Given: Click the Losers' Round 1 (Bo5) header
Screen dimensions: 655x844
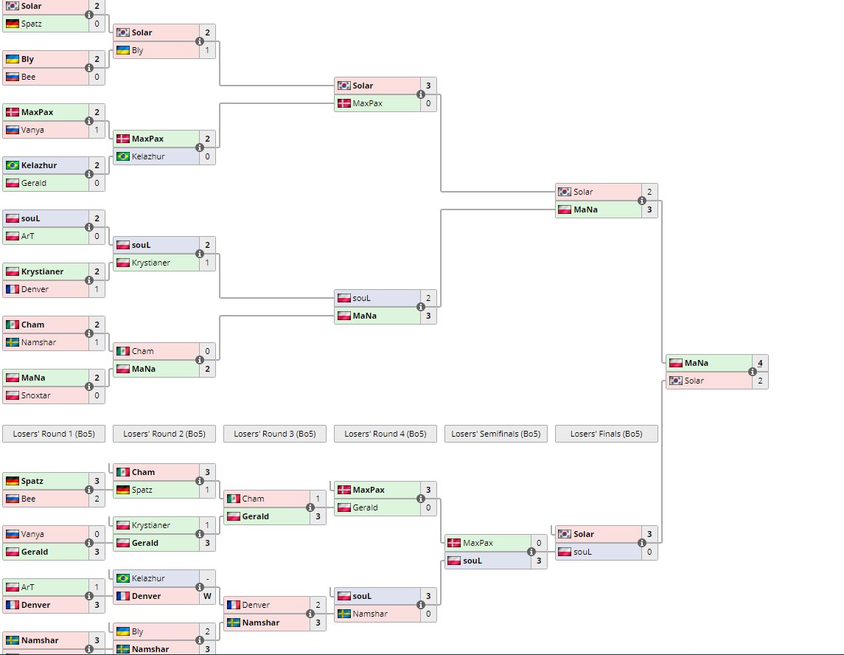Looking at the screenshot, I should [54, 434].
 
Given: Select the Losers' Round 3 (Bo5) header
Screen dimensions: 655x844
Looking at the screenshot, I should [275, 434].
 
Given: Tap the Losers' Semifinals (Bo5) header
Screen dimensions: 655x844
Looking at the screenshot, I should [495, 434].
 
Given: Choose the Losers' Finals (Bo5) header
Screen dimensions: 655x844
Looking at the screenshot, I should [606, 434].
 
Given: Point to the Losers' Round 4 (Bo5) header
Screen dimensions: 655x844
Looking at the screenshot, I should [385, 434].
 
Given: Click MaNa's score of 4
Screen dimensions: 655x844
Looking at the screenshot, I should [760, 363].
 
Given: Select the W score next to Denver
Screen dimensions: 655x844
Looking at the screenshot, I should [207, 596].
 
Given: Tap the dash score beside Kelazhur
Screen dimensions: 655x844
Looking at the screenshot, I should [207, 578].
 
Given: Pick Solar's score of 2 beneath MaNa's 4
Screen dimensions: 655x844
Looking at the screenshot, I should [760, 381].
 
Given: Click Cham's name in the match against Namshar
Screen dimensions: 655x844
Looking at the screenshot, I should [32, 325].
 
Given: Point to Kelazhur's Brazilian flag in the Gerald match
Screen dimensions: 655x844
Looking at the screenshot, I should [12, 165].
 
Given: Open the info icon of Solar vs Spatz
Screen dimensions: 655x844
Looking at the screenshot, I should [89, 15].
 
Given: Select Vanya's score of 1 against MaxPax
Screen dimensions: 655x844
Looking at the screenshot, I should [97, 130].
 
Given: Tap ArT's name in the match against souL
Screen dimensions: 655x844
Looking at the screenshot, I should [27, 236].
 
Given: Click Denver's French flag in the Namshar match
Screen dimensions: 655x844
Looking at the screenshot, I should [233, 605].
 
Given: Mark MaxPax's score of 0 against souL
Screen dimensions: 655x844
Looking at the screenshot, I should [539, 543].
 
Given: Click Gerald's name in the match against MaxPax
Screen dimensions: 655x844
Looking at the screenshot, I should [365, 507].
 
